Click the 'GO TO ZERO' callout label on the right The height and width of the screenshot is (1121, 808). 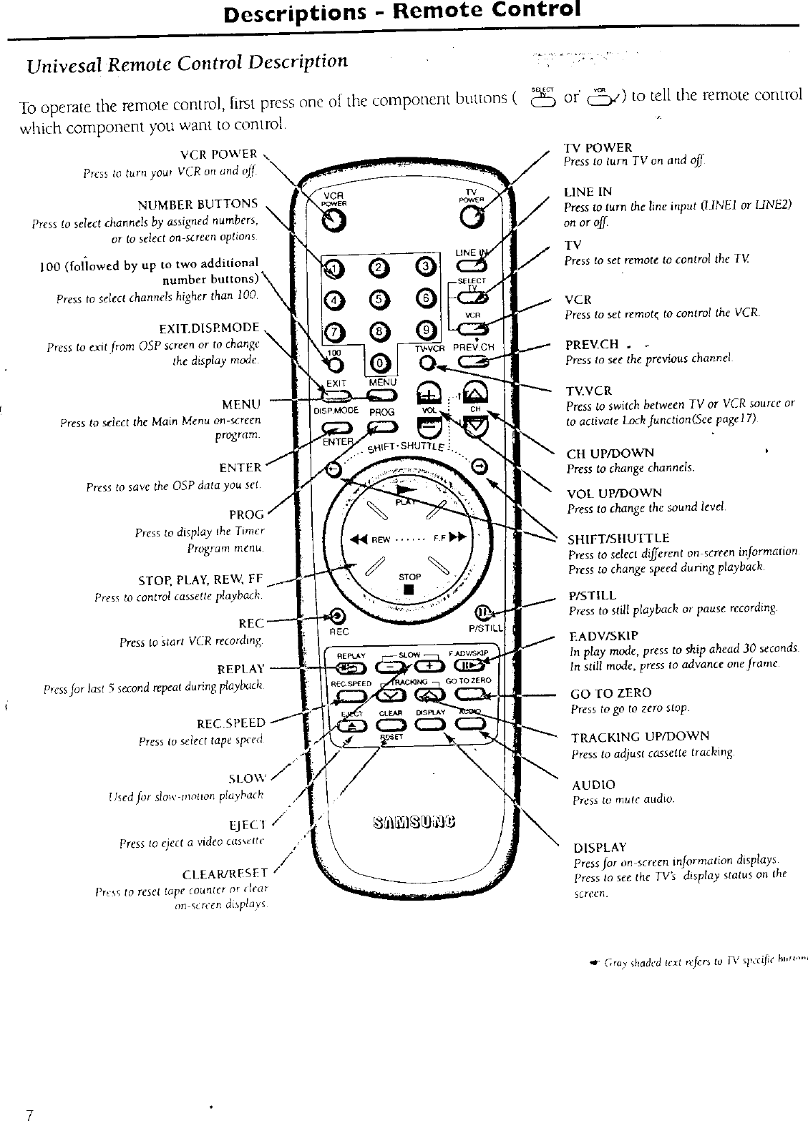pos(610,693)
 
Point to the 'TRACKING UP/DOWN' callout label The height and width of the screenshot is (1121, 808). pos(640,736)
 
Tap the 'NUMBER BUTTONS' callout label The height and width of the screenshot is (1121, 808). pos(213,203)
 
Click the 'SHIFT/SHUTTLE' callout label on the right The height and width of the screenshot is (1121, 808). pos(618,538)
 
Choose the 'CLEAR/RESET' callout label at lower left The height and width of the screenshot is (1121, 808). pos(225,873)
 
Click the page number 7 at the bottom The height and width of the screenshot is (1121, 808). pos(29,1114)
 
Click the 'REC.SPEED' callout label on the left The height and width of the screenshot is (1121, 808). pos(230,723)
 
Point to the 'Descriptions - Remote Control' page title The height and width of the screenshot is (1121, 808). pos(401,12)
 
